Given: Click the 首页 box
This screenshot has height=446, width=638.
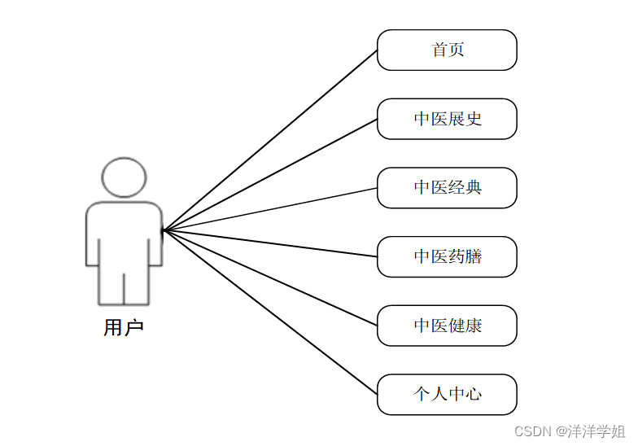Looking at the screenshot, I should (447, 50).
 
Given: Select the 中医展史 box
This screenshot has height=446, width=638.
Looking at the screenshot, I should (447, 119).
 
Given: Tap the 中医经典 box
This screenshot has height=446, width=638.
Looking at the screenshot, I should (447, 188).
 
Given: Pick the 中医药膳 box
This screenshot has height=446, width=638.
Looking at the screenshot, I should (447, 257).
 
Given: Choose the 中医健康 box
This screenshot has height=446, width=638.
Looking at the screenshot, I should (447, 326).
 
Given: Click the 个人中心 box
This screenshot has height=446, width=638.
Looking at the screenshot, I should (447, 395).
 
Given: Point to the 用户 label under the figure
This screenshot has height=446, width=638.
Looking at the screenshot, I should (124, 328).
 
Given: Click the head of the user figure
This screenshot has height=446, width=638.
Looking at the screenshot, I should (124, 177).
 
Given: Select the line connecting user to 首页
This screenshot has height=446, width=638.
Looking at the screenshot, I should (270, 140).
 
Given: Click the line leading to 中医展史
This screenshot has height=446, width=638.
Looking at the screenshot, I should (270, 174).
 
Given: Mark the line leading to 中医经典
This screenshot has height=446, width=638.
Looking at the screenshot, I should (270, 209).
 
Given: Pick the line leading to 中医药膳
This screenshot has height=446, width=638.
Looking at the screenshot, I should (270, 243).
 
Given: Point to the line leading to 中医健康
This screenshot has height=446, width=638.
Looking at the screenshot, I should (270, 278).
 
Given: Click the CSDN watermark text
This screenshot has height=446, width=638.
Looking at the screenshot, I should (533, 431).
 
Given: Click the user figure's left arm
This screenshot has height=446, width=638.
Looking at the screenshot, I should (92, 240).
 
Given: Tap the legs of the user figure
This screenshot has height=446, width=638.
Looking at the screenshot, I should (124, 285).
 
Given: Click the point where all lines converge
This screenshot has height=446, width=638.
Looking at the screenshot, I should (164, 230).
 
